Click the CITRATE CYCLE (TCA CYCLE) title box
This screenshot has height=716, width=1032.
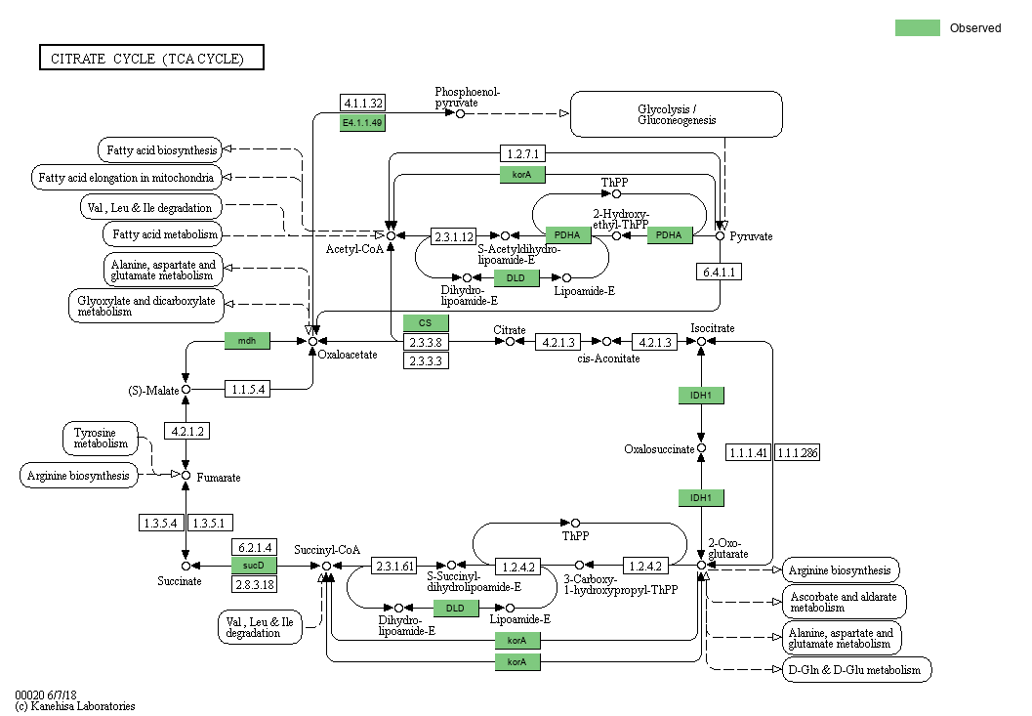click(151, 59)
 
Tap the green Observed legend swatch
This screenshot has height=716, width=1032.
click(917, 28)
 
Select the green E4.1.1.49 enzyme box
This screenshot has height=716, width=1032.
click(362, 122)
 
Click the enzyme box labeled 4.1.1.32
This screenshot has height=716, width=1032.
click(362, 103)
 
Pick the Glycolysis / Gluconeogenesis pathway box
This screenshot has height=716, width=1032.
click(677, 114)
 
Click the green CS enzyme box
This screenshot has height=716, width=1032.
click(426, 323)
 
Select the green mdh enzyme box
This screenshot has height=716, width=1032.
click(247, 340)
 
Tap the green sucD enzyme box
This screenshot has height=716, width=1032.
click(254, 566)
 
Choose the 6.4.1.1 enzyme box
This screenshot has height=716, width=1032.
click(719, 271)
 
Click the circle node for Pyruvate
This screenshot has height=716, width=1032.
click(721, 235)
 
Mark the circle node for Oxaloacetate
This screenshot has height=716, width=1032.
click(312, 341)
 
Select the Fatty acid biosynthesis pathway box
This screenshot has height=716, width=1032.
click(158, 149)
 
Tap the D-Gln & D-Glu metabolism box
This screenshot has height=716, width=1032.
click(856, 670)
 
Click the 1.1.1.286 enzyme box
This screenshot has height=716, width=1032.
click(798, 452)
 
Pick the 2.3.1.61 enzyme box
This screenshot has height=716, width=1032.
click(394, 566)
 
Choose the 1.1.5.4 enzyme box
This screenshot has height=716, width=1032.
click(247, 389)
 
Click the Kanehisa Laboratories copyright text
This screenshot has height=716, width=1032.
click(74, 705)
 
